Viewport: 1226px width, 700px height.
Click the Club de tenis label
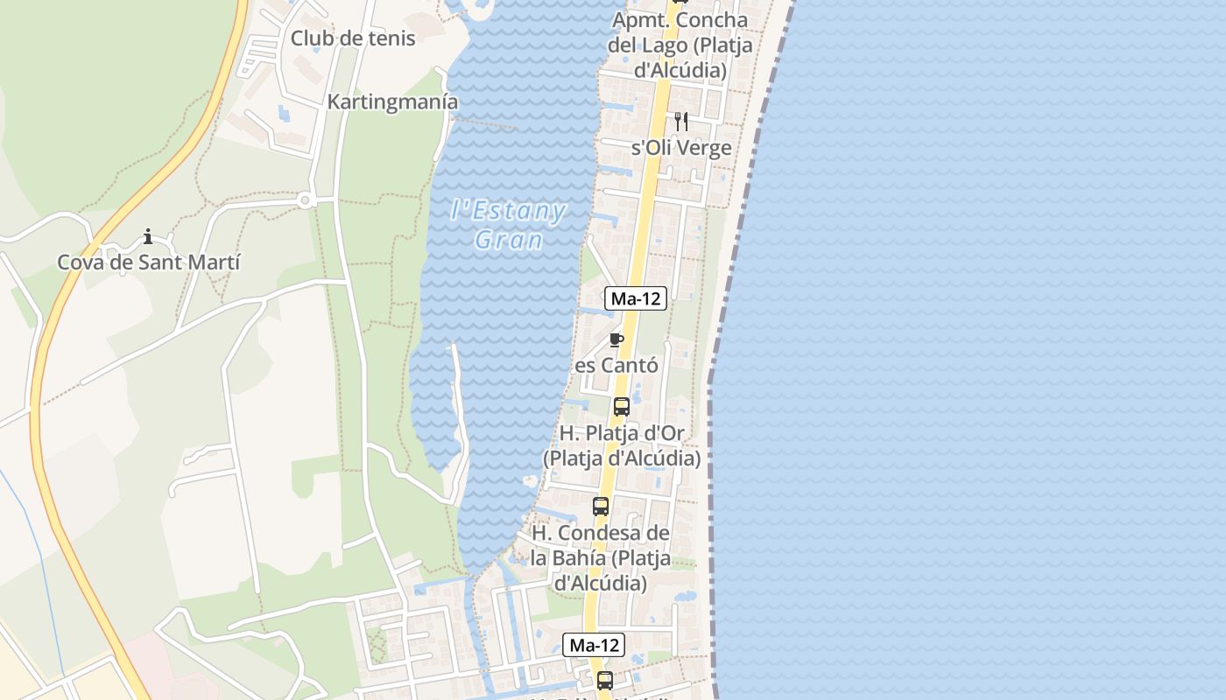pos(353,38)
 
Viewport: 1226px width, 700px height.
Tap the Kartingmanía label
pos(392,101)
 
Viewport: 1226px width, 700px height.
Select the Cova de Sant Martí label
pos(149,262)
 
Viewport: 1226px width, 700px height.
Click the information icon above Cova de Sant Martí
pos(148,236)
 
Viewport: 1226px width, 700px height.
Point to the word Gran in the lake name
pos(508,240)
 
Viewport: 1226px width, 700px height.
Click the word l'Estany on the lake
pos(508,211)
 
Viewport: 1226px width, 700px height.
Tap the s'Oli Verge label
pos(681,148)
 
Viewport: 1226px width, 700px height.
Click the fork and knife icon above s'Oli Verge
pos(681,121)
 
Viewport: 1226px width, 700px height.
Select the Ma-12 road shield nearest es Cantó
pos(636,298)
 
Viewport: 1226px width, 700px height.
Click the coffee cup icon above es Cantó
pos(617,339)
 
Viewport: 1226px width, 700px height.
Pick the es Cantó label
pos(617,365)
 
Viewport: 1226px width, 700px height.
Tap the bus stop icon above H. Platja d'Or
pos(622,407)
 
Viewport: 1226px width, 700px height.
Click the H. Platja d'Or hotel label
pos(622,445)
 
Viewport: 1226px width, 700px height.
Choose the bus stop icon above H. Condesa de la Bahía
pos(601,506)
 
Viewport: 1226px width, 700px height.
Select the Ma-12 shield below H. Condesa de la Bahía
pos(594,646)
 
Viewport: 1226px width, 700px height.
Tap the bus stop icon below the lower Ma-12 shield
pos(604,680)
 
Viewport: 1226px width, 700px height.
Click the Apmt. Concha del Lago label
pos(680,45)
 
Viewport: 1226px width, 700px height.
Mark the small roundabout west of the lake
pos(305,200)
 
